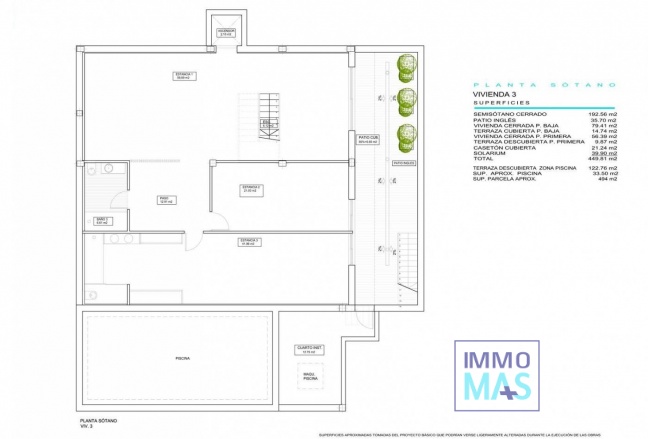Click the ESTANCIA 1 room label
pyautogui.click(x=184, y=76)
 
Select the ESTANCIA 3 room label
pyautogui.click(x=249, y=242)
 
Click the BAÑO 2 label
pyautogui.click(x=101, y=220)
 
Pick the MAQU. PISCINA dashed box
pyautogui.click(x=310, y=378)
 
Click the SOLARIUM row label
pyautogui.click(x=491, y=153)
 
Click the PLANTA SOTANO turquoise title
pyautogui.click(x=545, y=85)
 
